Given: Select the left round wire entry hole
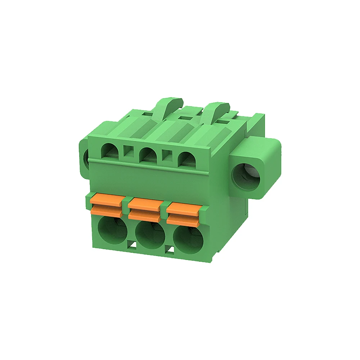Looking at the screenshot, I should [x=112, y=233].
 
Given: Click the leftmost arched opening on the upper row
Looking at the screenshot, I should [x=111, y=152].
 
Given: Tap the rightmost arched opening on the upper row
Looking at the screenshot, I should [x=187, y=159].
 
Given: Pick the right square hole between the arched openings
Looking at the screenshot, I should [x=167, y=156].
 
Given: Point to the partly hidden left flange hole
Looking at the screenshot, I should [x=86, y=158].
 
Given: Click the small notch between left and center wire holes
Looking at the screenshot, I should [x=132, y=246].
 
